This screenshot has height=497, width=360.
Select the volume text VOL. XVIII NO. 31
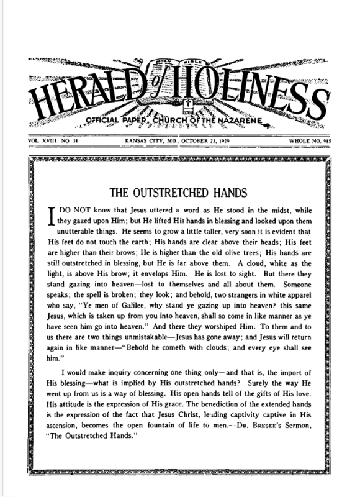(53, 140)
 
